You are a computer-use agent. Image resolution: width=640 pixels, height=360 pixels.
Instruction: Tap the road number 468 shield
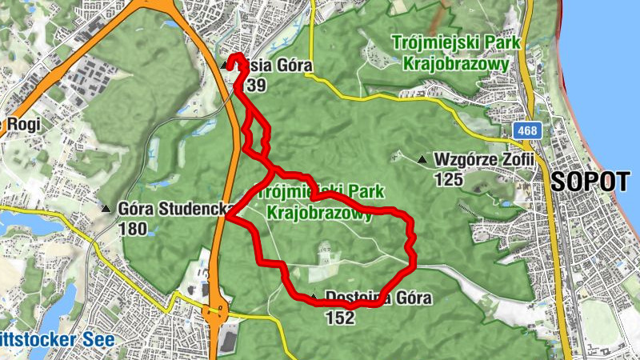pyautogui.click(x=526, y=130)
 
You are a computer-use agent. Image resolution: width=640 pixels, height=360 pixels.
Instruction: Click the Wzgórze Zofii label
pyautogui.click(x=482, y=159)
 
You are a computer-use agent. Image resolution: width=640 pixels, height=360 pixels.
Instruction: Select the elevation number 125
pyautogui.click(x=449, y=179)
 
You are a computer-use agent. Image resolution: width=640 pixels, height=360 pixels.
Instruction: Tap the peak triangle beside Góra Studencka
pyautogui.click(x=106, y=210)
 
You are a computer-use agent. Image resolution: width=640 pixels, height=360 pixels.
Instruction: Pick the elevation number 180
pyautogui.click(x=132, y=230)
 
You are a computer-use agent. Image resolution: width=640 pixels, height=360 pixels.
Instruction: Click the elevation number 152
pyautogui.click(x=340, y=318)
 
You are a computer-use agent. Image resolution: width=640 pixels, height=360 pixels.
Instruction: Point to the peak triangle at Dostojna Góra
pyautogui.click(x=313, y=299)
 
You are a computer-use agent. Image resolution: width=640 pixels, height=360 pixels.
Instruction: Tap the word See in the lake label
pyautogui.click(x=98, y=339)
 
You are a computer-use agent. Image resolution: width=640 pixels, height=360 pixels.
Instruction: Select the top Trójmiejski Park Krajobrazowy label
pyautogui.click(x=456, y=54)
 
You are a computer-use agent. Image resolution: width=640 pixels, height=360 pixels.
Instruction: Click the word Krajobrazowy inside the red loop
pyautogui.click(x=319, y=213)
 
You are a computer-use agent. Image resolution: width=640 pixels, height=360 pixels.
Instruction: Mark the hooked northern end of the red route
pyautogui.click(x=237, y=58)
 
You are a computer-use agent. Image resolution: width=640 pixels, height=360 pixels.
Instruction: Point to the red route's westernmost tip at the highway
pyautogui.click(x=228, y=217)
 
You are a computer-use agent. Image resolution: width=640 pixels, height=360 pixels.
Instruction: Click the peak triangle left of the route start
pyautogui.click(x=222, y=66)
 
